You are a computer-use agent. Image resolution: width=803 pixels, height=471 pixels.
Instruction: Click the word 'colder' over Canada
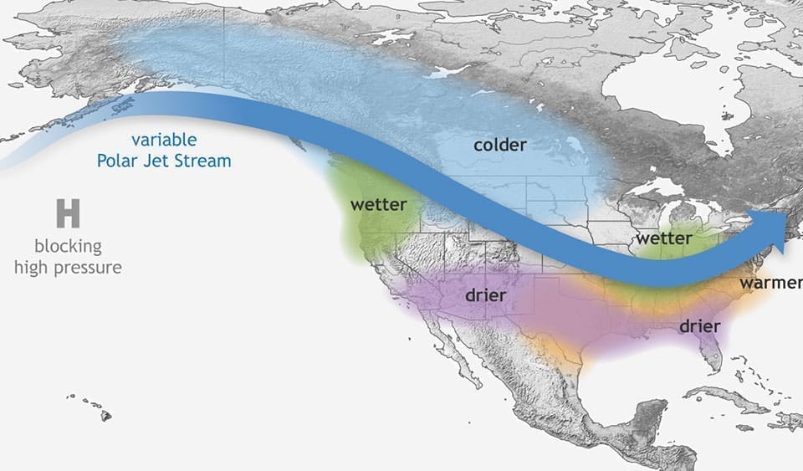click(499, 145)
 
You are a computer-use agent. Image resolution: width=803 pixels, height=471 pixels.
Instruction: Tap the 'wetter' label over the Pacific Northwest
click(378, 204)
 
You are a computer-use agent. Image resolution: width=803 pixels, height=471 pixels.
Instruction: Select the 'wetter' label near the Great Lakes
click(663, 238)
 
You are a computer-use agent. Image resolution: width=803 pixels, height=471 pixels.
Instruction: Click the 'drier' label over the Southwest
click(486, 294)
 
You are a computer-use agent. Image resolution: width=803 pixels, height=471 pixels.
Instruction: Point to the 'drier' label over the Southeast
click(699, 325)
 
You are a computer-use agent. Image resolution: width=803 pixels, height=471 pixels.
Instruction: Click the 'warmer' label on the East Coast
click(770, 283)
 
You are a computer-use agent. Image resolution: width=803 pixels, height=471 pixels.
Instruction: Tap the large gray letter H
click(68, 214)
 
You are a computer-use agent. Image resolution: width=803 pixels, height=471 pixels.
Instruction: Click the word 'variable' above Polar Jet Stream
click(163, 140)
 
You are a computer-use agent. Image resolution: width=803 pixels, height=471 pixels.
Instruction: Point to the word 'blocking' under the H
click(68, 247)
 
